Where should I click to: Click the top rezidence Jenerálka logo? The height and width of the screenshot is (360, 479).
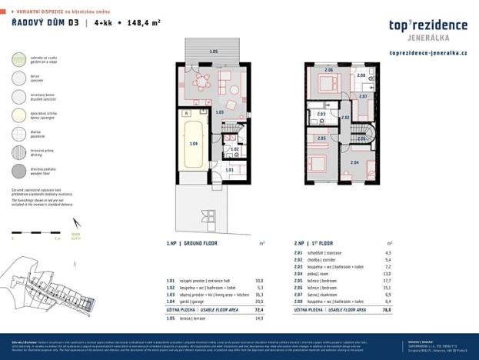(x=429, y=29)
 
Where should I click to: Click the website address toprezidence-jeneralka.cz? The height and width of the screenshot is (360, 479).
(x=429, y=54)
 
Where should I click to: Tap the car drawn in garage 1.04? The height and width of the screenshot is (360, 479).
(x=194, y=144)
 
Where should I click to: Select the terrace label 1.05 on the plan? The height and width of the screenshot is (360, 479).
(x=214, y=51)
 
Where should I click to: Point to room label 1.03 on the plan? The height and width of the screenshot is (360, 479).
(x=219, y=112)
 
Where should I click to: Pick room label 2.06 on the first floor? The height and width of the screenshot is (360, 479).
(x=328, y=71)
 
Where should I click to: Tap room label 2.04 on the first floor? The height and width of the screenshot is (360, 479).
(x=354, y=163)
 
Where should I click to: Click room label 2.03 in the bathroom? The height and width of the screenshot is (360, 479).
(x=321, y=115)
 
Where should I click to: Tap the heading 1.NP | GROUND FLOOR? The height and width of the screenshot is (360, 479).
(x=191, y=243)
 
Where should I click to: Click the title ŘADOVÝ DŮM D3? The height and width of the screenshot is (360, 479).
(x=45, y=24)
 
